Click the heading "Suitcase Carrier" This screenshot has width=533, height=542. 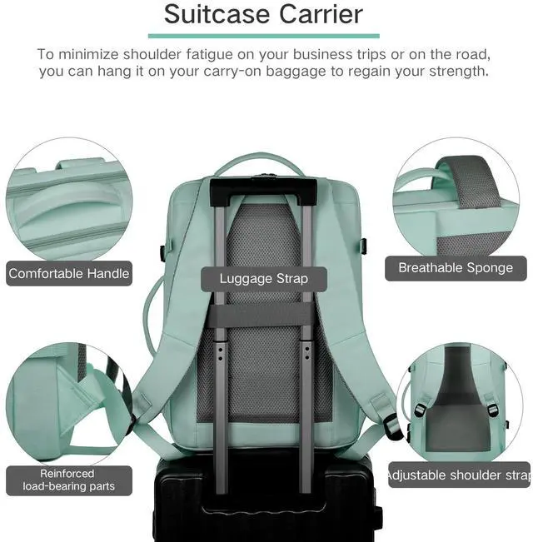point(263,14)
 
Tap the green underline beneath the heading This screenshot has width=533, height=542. point(263,36)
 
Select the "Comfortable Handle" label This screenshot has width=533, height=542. point(69,273)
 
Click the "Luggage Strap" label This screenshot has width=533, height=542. point(263,278)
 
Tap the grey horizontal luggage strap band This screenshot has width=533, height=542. point(263,317)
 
